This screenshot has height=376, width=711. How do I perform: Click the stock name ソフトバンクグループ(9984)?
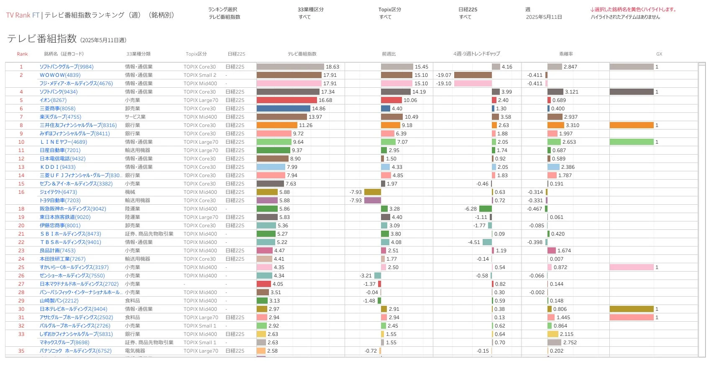point(66,67)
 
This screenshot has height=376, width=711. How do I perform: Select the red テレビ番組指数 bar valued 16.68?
point(286,100)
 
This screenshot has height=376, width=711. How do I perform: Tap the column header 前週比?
point(389,54)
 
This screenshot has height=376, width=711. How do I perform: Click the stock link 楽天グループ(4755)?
point(60,117)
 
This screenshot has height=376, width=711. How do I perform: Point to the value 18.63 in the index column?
point(332,67)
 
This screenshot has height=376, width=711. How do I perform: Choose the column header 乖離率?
point(566,54)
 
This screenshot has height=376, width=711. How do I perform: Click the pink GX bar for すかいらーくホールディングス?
point(631,267)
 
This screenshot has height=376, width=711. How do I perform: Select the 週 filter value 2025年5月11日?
point(544,17)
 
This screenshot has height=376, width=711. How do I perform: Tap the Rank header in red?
point(22,54)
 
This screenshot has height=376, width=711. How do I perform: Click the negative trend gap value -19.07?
point(444,75)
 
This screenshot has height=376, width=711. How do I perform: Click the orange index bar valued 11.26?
point(276,125)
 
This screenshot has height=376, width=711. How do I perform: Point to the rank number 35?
point(21,351)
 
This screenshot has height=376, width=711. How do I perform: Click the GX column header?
point(659,54)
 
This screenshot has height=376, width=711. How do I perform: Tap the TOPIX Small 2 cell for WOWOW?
point(199,75)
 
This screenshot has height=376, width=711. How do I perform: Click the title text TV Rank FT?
point(23,15)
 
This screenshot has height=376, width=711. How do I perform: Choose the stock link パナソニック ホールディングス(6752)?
point(75,351)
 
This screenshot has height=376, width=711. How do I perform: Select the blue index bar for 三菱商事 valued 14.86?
point(283,109)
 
